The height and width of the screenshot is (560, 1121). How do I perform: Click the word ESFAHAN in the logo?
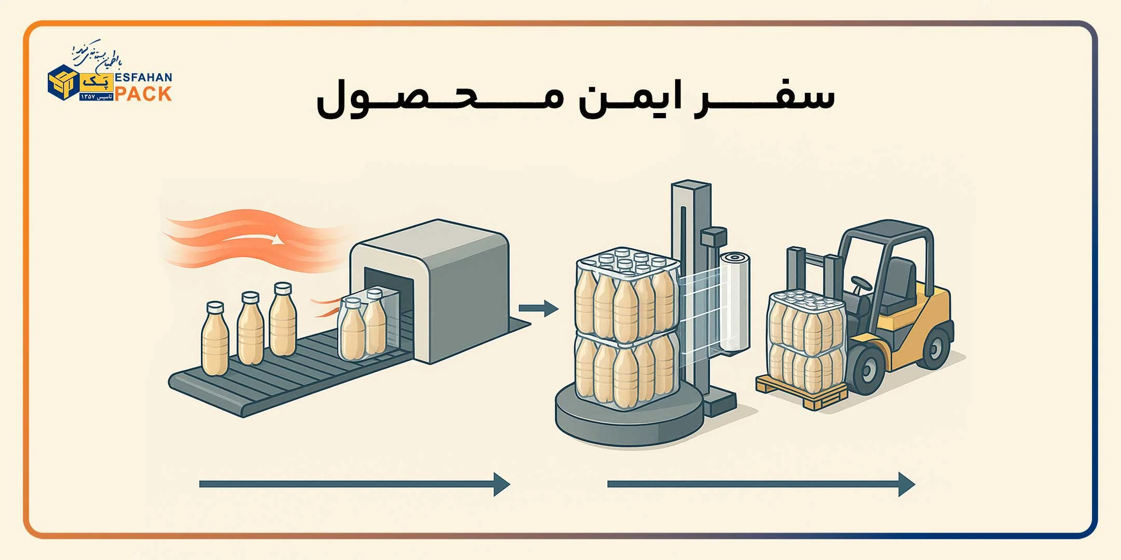click(x=143, y=78)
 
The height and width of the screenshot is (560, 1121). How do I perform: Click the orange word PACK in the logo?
click(x=143, y=94)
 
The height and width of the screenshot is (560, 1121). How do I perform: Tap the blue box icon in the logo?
click(x=63, y=82)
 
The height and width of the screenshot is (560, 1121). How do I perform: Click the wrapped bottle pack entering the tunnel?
click(x=363, y=327)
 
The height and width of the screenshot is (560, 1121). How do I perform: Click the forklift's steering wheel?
click(x=862, y=284)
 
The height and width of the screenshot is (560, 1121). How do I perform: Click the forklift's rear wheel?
click(x=934, y=347)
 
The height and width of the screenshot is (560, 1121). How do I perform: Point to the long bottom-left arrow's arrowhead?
click(x=501, y=484)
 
